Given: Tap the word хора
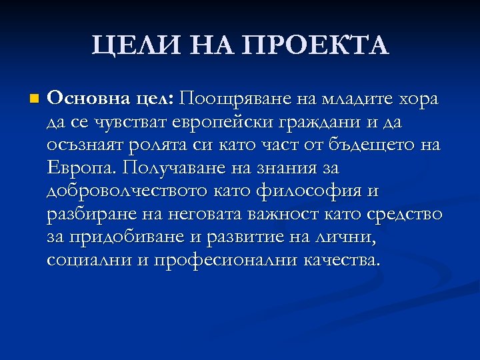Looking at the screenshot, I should (x=418, y=99).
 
